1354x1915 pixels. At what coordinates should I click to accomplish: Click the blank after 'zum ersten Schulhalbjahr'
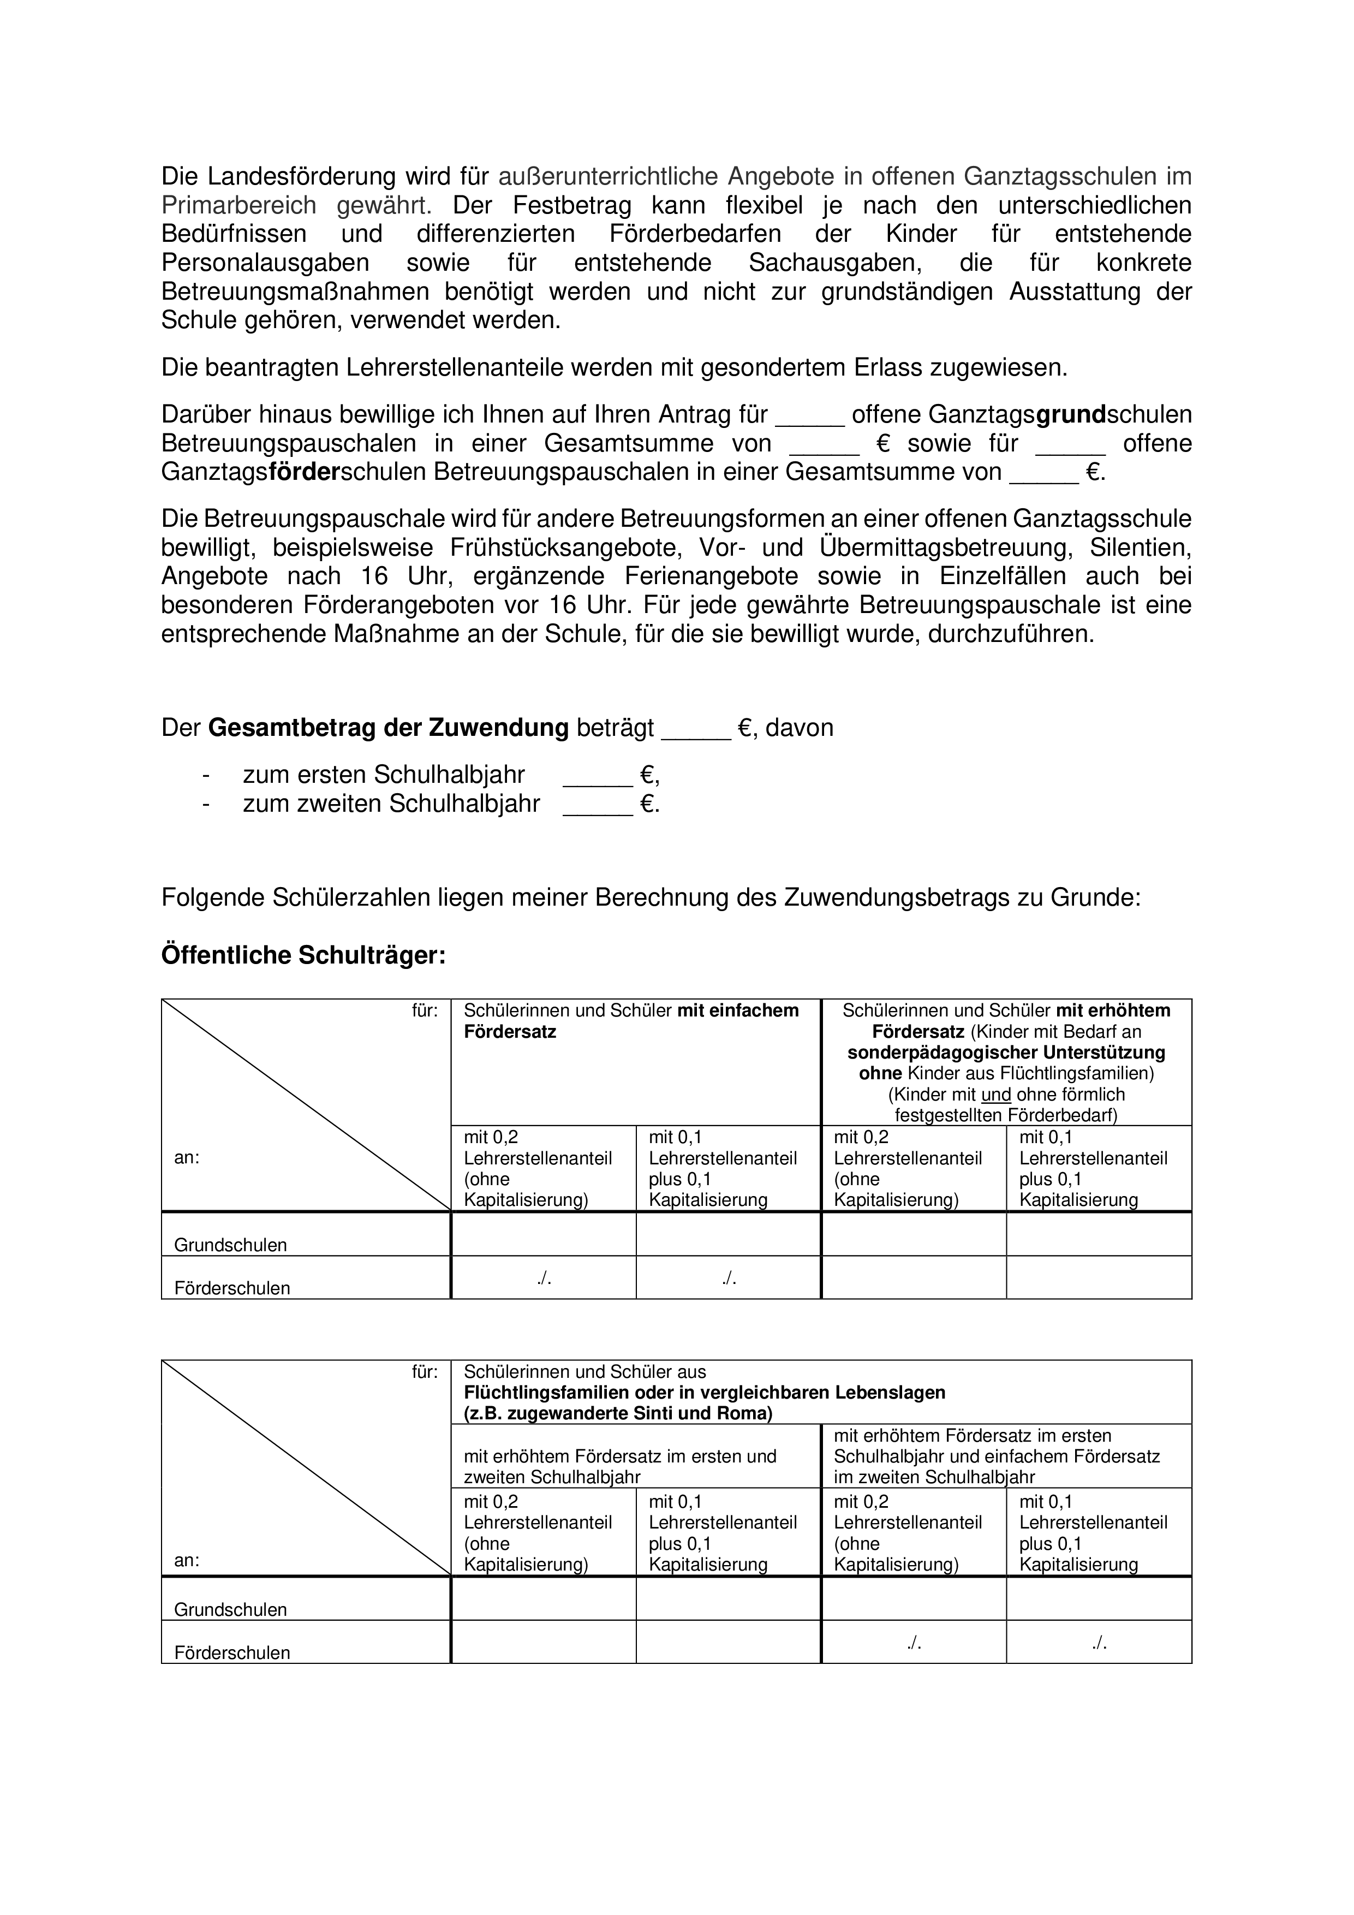click(x=598, y=777)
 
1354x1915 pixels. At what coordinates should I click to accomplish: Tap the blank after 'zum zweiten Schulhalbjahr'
click(x=598, y=806)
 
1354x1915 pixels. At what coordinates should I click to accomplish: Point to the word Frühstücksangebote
click(x=566, y=548)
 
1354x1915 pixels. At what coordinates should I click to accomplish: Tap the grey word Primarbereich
click(x=238, y=205)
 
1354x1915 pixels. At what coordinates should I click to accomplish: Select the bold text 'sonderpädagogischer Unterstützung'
click(x=1006, y=1052)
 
